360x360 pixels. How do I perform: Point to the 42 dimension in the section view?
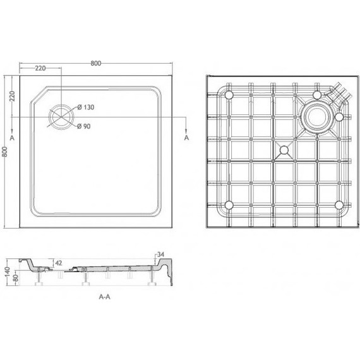click(x=59, y=262)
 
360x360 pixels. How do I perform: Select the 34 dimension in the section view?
click(x=161, y=255)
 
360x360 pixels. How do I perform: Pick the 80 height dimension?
click(x=15, y=275)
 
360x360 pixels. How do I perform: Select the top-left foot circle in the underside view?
click(x=229, y=95)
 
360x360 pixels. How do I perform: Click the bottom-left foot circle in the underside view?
click(x=229, y=205)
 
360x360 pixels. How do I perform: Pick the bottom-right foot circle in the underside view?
click(x=339, y=205)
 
